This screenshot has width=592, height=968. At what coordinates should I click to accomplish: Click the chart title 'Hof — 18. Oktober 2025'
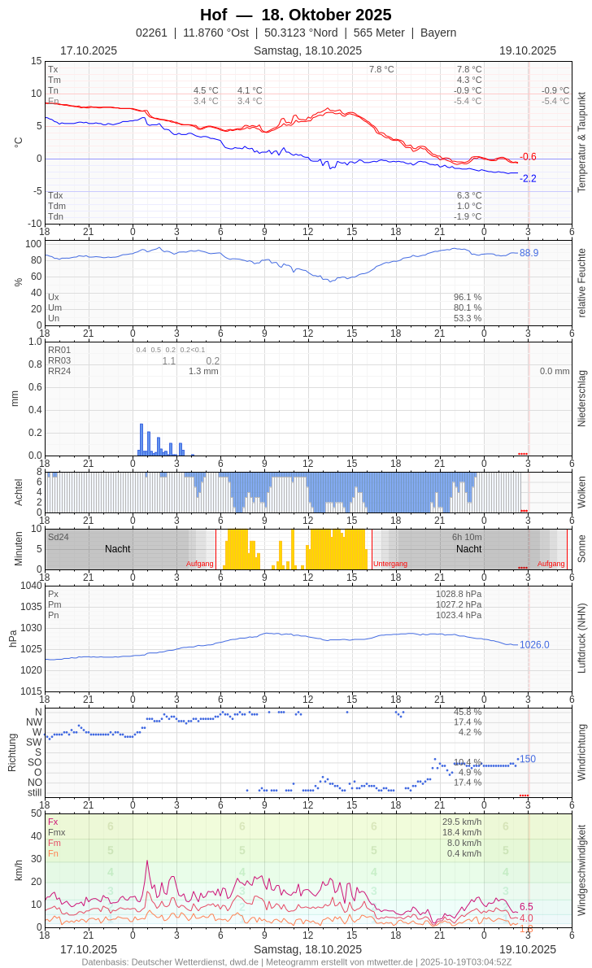[295, 15]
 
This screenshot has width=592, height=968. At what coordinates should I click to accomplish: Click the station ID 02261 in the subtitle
[151, 33]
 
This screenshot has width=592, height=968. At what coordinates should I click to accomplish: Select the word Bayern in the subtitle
[438, 33]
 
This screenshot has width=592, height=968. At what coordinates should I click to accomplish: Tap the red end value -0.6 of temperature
[528, 157]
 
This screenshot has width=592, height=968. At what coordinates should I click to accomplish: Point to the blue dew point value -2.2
[528, 179]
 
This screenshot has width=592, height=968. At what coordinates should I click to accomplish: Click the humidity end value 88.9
[529, 253]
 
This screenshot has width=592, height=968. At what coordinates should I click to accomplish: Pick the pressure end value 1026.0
[534, 645]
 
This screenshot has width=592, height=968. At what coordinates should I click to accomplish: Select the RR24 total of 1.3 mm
[203, 371]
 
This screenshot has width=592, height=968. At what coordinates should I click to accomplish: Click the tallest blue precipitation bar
[141, 438]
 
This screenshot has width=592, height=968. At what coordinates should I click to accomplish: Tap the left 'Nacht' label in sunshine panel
[117, 549]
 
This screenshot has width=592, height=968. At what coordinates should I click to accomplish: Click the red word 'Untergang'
[390, 564]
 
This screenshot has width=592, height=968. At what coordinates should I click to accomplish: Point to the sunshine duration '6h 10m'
[467, 537]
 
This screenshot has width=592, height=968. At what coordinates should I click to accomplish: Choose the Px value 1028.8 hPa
[459, 594]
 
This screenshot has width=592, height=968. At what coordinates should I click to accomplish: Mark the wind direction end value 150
[528, 759]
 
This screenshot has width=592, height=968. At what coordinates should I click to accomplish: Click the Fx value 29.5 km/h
[462, 822]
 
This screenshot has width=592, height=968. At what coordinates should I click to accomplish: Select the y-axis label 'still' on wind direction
[34, 792]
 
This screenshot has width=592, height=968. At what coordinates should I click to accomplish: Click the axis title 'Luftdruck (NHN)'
[581, 638]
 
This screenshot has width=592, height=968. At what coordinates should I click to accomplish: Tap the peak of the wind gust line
[147, 861]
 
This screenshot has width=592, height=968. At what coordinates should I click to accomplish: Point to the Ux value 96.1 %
[468, 297]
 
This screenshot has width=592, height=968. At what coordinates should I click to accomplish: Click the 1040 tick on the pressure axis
[31, 586]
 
